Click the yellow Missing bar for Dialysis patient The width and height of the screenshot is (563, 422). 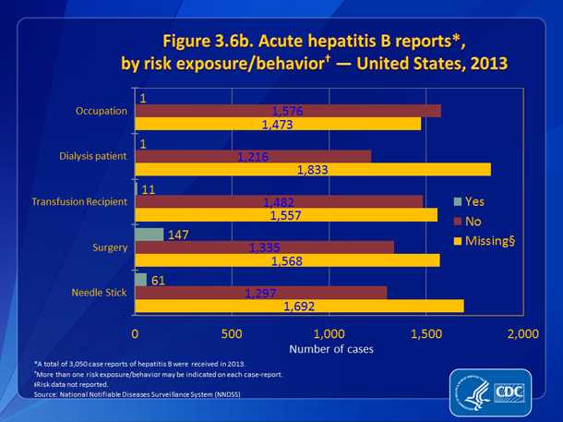[x=312, y=169]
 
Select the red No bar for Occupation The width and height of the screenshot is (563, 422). [x=288, y=111]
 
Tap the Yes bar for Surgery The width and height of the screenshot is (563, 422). [x=149, y=235]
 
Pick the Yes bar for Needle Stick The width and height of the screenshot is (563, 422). [x=140, y=280]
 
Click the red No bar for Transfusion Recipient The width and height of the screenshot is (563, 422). [x=279, y=201]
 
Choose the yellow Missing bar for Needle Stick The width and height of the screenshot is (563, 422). [x=299, y=306]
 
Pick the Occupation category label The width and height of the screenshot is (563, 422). [x=102, y=112]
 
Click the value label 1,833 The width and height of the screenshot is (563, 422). [x=312, y=170]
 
